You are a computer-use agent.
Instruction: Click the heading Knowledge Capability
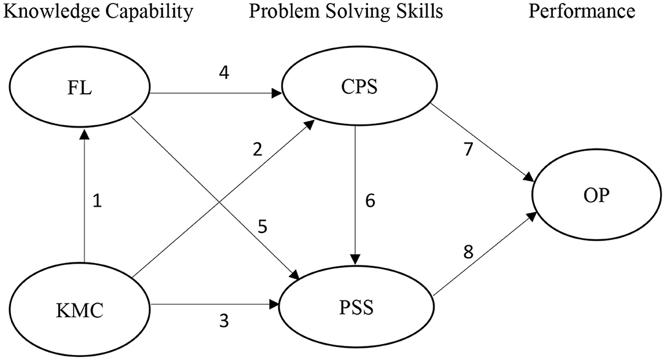[x=94, y=12]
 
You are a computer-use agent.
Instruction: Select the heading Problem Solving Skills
[x=345, y=12]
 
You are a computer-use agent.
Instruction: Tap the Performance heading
[x=582, y=12]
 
